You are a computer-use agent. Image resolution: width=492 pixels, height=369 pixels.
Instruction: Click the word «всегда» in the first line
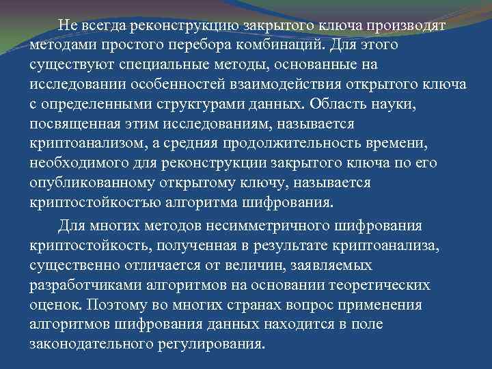[x=101, y=26]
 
